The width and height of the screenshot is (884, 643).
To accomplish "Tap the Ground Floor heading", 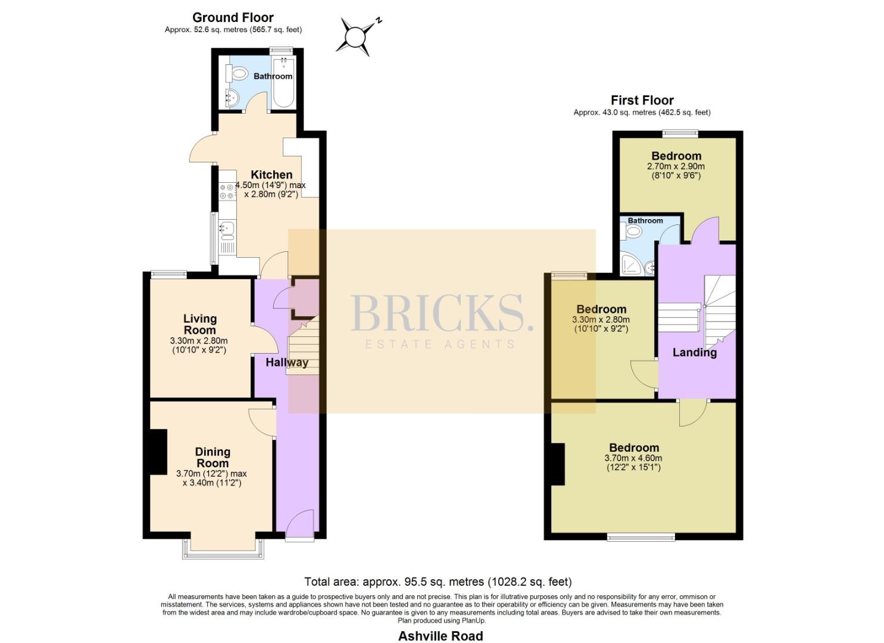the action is pos(233,17).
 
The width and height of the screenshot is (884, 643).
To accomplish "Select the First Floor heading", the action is pos(642,100).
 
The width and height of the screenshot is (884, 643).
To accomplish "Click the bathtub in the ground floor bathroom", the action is pos(283,82).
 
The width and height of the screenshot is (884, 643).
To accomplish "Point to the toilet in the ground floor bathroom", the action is pos(236,73).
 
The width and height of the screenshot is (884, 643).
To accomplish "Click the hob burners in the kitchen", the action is pos(227,191).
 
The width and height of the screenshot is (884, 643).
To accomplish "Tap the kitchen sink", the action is pos(227,230).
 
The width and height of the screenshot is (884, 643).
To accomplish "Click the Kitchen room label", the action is pos(271,174).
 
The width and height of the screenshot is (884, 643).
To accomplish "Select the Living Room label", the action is pos(200,324).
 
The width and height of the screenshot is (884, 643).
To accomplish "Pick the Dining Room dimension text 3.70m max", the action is pos(211,474).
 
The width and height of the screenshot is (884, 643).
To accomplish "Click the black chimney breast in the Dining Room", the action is pos(158,451).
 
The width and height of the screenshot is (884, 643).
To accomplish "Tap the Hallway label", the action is pos(287,363).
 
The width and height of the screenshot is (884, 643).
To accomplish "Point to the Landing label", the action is pos(695,352).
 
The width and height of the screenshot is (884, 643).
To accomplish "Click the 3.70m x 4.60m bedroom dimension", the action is pos(633,458).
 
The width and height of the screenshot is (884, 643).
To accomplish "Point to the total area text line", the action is pos(438,582).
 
